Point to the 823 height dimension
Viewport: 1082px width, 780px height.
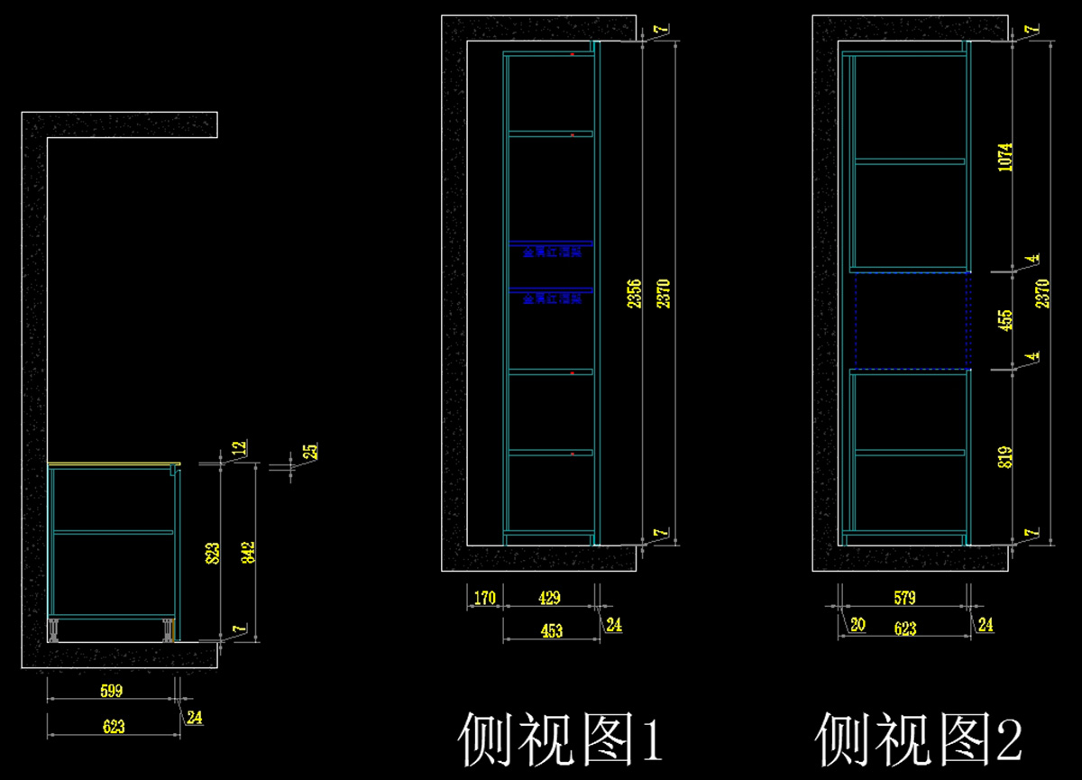click(x=211, y=553)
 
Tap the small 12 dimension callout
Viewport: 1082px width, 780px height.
click(x=239, y=447)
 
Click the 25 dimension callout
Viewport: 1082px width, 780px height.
click(x=310, y=451)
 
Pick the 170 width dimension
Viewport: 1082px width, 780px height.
click(x=483, y=597)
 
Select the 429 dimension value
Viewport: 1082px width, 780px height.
click(x=549, y=597)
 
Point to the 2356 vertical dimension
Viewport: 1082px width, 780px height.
click(x=634, y=294)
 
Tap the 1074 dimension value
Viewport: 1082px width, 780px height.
click(x=1005, y=159)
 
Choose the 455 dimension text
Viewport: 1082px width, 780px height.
click(x=1005, y=320)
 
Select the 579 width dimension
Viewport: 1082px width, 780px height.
click(x=904, y=597)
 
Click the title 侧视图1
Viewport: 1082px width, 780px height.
click(x=561, y=739)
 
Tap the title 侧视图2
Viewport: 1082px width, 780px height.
click(x=919, y=739)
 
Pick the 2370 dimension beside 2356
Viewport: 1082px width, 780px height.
click(x=665, y=294)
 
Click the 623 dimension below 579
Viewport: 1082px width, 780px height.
click(x=904, y=629)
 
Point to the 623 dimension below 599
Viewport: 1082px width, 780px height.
click(x=113, y=726)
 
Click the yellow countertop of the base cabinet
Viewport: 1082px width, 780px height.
click(x=113, y=464)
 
